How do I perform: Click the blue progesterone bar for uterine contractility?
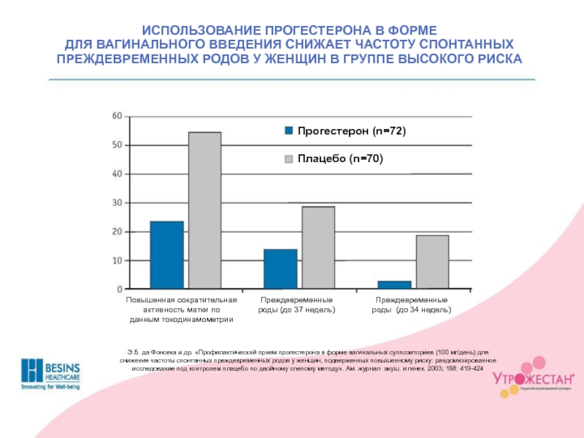pos(166,255)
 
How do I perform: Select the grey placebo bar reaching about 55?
pos(204,210)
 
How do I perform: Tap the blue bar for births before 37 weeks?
pos(280,269)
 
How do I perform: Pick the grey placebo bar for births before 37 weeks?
pos(318,247)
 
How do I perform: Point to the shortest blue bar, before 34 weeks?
pos(394,285)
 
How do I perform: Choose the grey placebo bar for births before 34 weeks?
pos(432,261)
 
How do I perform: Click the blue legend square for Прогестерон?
pos(288,131)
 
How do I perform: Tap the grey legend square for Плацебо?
pos(288,158)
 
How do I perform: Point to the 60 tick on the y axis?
pos(117,117)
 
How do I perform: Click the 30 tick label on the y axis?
pos(117,203)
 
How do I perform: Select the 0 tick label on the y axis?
pos(120,289)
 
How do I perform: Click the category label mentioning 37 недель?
pos(296,305)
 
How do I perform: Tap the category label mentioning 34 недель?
pos(412,305)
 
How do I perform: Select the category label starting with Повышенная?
pos(181,310)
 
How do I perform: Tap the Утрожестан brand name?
pos(531,379)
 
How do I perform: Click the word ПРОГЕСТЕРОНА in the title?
pos(309,31)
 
